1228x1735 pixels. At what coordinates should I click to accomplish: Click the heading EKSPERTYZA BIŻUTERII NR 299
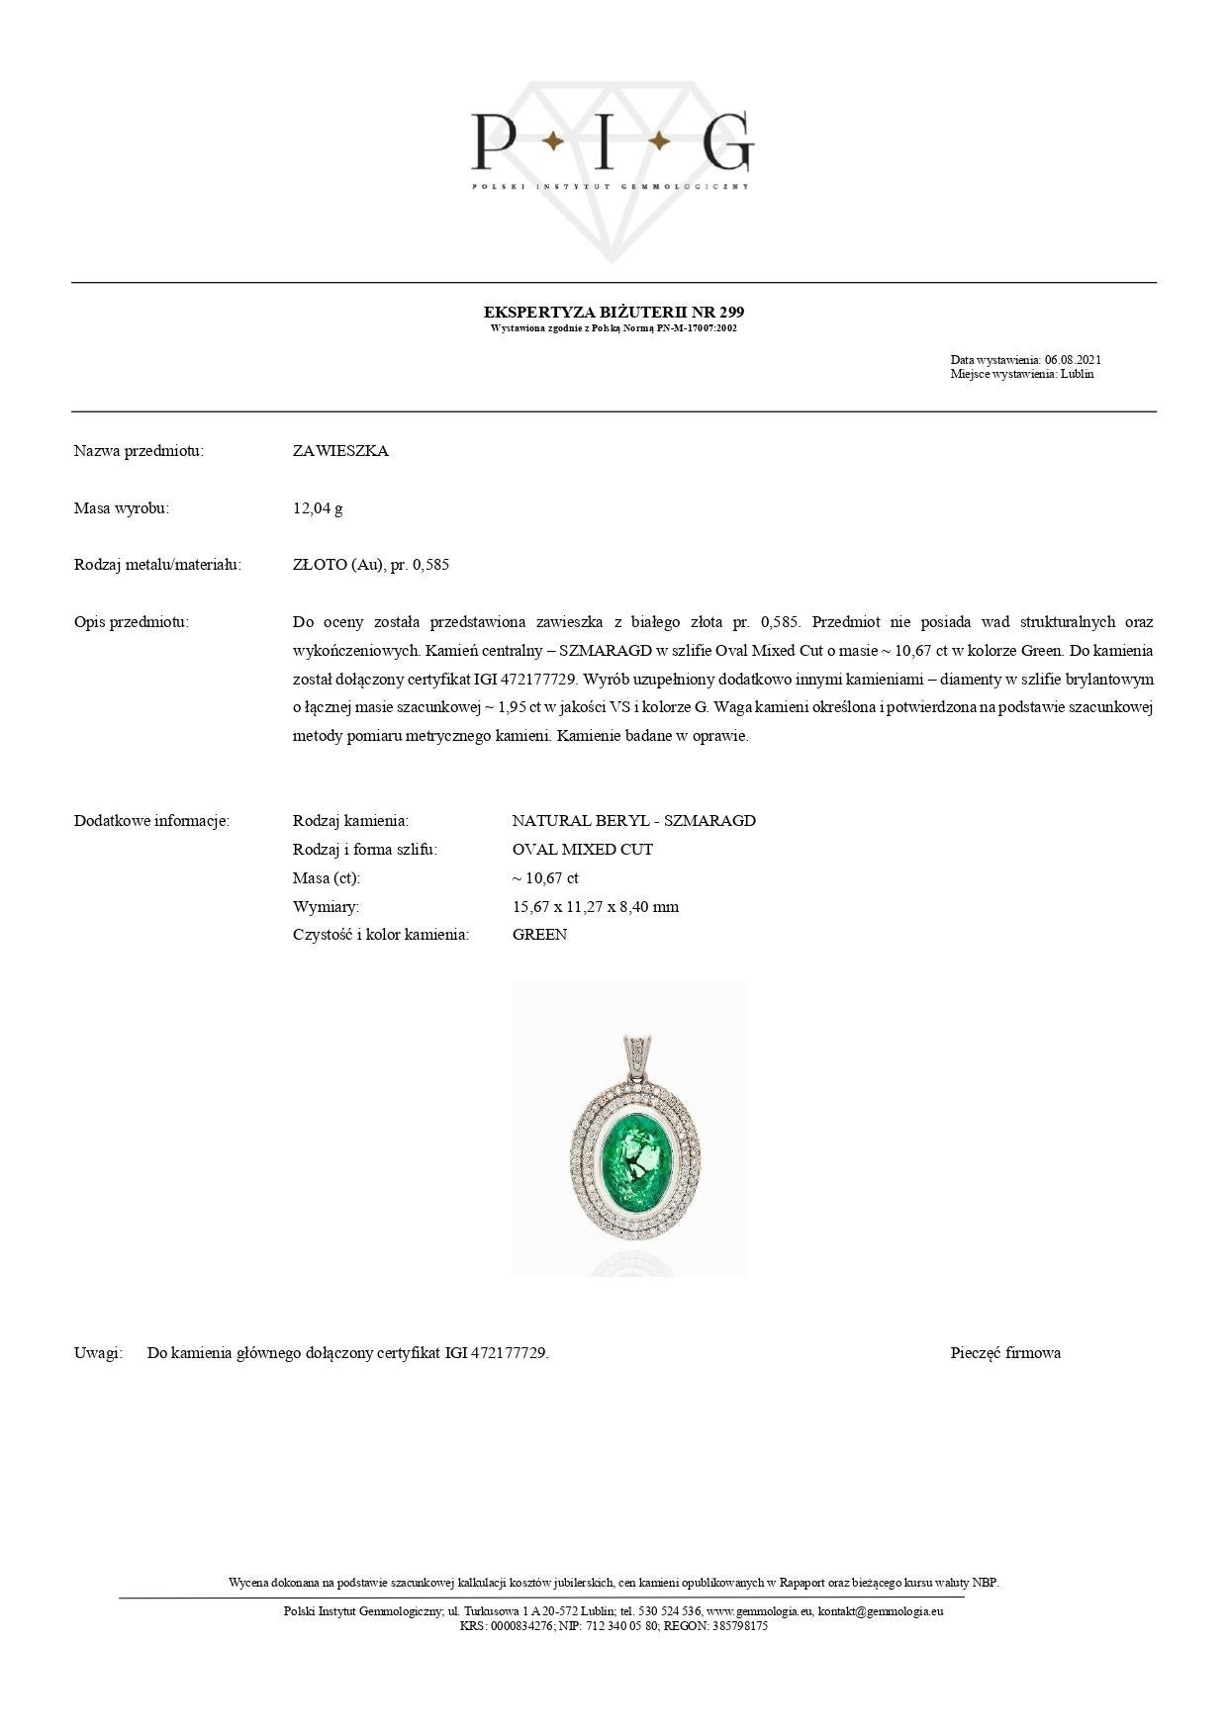tap(614, 312)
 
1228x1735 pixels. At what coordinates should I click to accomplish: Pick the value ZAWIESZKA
tap(340, 451)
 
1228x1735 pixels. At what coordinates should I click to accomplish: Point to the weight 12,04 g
tap(318, 508)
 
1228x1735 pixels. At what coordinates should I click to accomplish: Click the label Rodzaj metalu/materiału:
tap(157, 565)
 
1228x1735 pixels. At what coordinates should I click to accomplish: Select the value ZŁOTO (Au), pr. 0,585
tap(371, 565)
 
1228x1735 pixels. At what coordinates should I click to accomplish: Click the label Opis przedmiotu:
tap(131, 622)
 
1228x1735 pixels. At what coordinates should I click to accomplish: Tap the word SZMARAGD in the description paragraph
tap(606, 651)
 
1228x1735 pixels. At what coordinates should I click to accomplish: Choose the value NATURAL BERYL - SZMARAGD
tap(633, 821)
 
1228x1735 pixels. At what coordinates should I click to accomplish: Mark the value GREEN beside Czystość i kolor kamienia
tap(539, 935)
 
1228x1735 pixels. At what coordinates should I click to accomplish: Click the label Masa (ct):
tap(327, 878)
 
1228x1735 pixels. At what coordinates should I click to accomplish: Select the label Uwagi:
tap(98, 1353)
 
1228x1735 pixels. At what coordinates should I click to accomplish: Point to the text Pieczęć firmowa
tap(1005, 1353)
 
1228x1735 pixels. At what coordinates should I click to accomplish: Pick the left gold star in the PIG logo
tap(553, 142)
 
